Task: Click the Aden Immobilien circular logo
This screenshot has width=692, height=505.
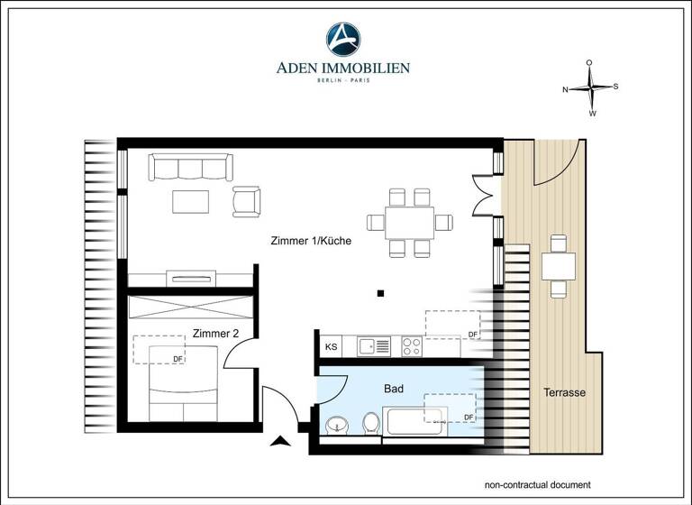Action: pos(346,39)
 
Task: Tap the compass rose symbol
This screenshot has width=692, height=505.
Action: pos(590,88)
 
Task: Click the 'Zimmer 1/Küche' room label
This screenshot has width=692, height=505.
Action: pos(311,241)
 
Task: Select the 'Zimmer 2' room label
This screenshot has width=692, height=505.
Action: pos(215,333)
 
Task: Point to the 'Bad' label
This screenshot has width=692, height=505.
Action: pos(394,389)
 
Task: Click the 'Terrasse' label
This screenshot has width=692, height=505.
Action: pos(565,393)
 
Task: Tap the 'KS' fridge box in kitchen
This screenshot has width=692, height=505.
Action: pos(331,345)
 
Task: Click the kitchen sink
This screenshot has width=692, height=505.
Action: pos(373,345)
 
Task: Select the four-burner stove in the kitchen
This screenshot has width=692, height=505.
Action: pos(412,345)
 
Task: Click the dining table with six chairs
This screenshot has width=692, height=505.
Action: pos(409,222)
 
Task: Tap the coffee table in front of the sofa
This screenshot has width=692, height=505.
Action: pos(191,200)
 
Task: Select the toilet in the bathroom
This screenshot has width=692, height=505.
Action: pos(369,422)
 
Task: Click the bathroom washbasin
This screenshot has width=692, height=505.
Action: pos(337,424)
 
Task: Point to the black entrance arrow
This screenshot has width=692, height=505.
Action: pos(281,441)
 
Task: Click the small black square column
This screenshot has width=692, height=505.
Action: pos(382,292)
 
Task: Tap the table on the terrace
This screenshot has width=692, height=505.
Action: pos(559,265)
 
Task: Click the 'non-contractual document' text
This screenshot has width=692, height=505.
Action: pos(538,483)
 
